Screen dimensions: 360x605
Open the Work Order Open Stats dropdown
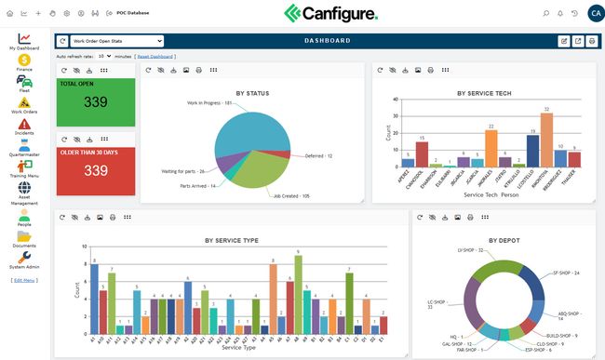point(116,41)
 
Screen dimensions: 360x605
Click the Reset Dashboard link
point(156,56)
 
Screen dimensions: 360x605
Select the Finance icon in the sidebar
point(24,60)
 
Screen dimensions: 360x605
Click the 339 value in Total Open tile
point(96,102)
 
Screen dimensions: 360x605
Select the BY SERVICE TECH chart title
point(485,93)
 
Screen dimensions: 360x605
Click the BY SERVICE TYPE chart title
point(232,240)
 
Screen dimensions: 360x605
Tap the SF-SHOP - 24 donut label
point(565,273)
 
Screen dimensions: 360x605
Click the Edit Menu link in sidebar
point(24,280)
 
